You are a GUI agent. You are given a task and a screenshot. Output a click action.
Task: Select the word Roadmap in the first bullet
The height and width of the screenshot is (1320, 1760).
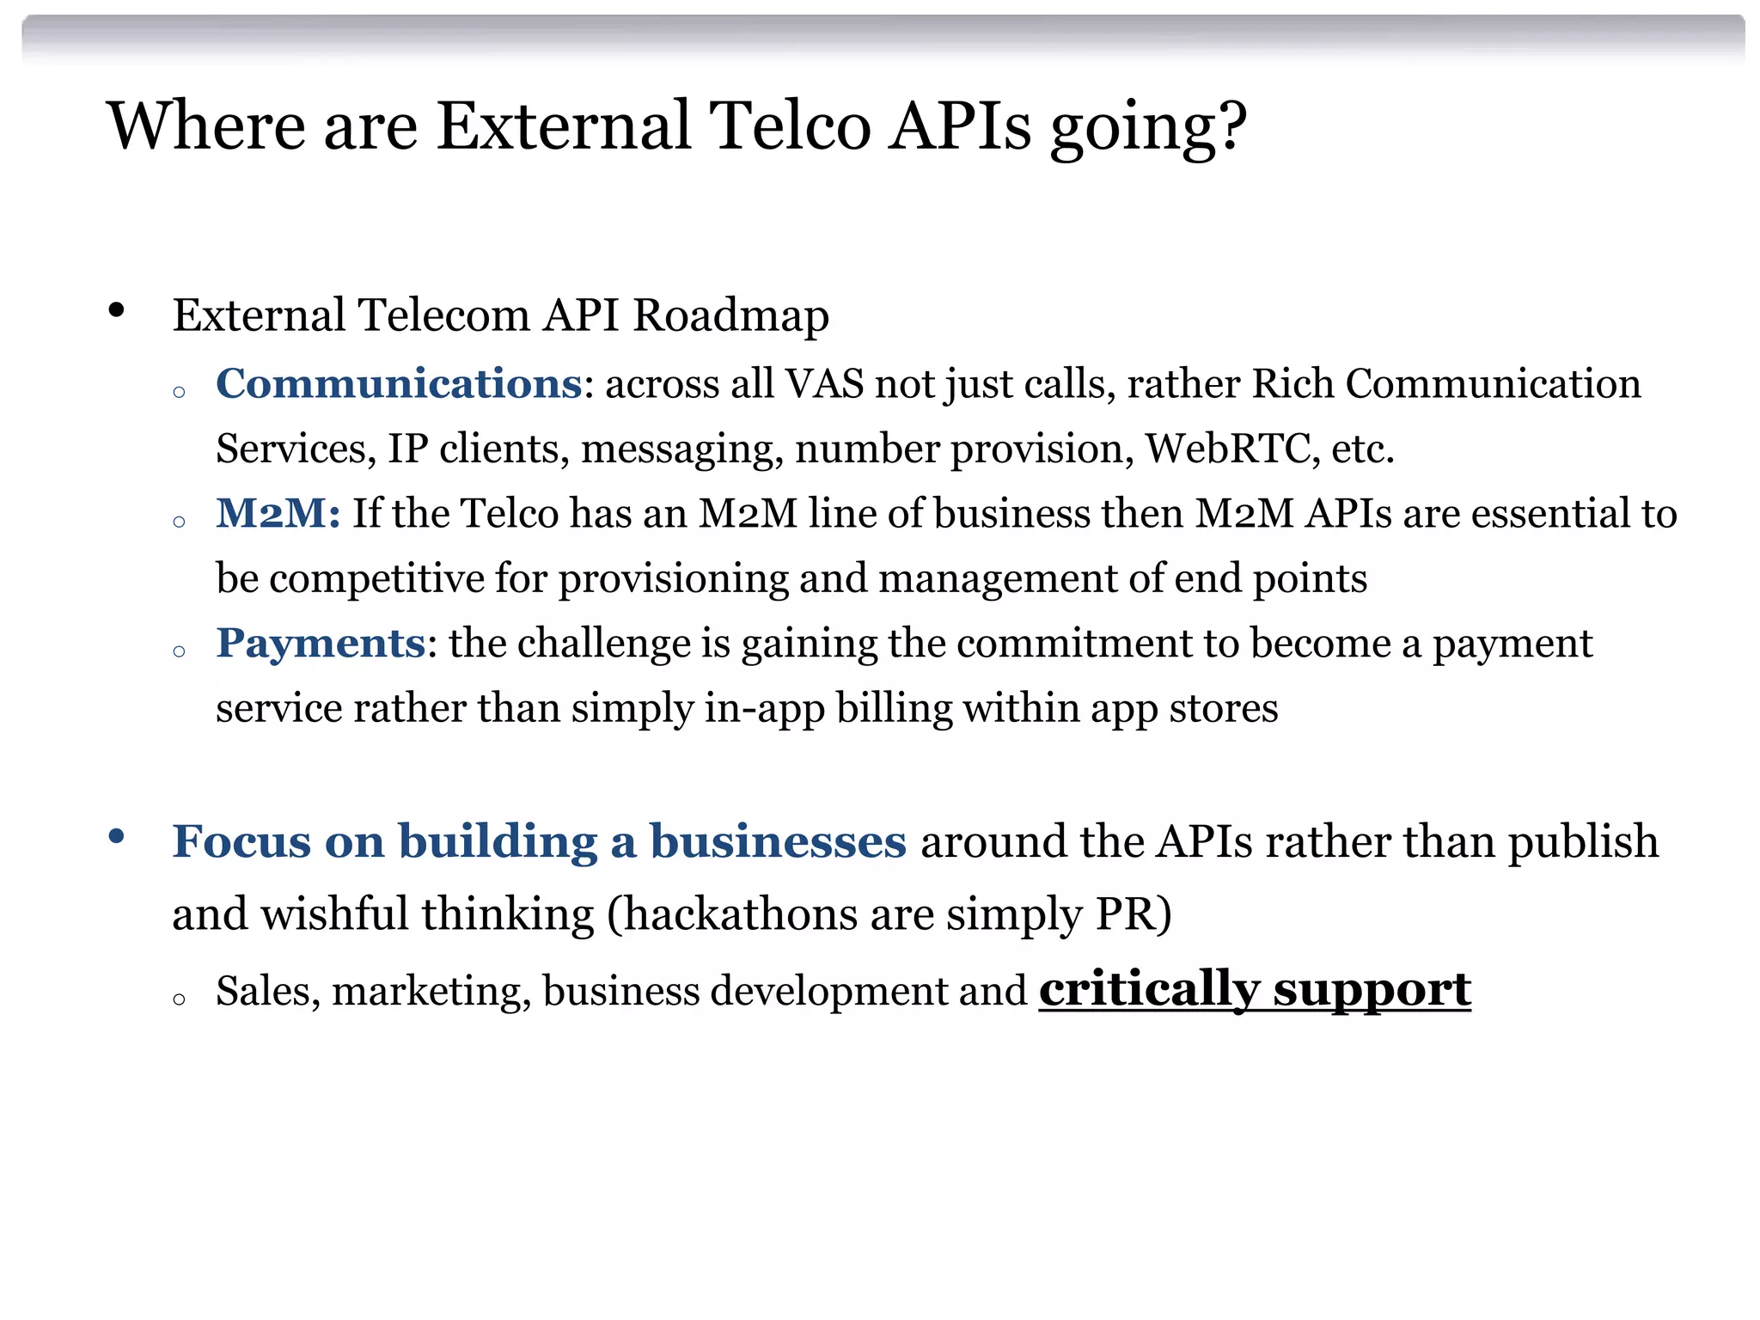pos(730,315)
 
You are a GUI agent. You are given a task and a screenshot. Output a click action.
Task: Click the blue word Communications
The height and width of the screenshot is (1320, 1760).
pos(399,383)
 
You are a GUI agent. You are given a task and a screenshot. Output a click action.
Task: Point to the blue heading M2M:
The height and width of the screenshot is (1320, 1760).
pos(278,514)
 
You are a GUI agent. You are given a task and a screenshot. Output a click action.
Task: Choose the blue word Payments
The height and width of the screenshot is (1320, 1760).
pos(321,643)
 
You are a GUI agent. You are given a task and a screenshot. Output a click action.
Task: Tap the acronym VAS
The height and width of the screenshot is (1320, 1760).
pos(824,384)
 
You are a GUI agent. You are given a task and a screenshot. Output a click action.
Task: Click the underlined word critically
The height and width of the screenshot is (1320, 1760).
pos(1149,990)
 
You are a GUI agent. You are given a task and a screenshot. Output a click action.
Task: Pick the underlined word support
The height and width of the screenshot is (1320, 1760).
pos(1372,990)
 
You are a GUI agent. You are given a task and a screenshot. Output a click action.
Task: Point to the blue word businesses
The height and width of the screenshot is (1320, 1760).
pos(778,841)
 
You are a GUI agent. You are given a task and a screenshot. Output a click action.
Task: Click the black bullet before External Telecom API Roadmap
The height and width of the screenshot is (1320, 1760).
pos(117,311)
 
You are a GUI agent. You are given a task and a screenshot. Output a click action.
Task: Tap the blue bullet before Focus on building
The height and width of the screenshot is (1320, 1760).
pos(117,836)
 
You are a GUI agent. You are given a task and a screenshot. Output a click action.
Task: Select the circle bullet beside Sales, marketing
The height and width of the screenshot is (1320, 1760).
pos(179,999)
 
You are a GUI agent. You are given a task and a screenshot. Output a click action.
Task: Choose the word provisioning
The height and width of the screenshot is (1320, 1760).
pos(673,579)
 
